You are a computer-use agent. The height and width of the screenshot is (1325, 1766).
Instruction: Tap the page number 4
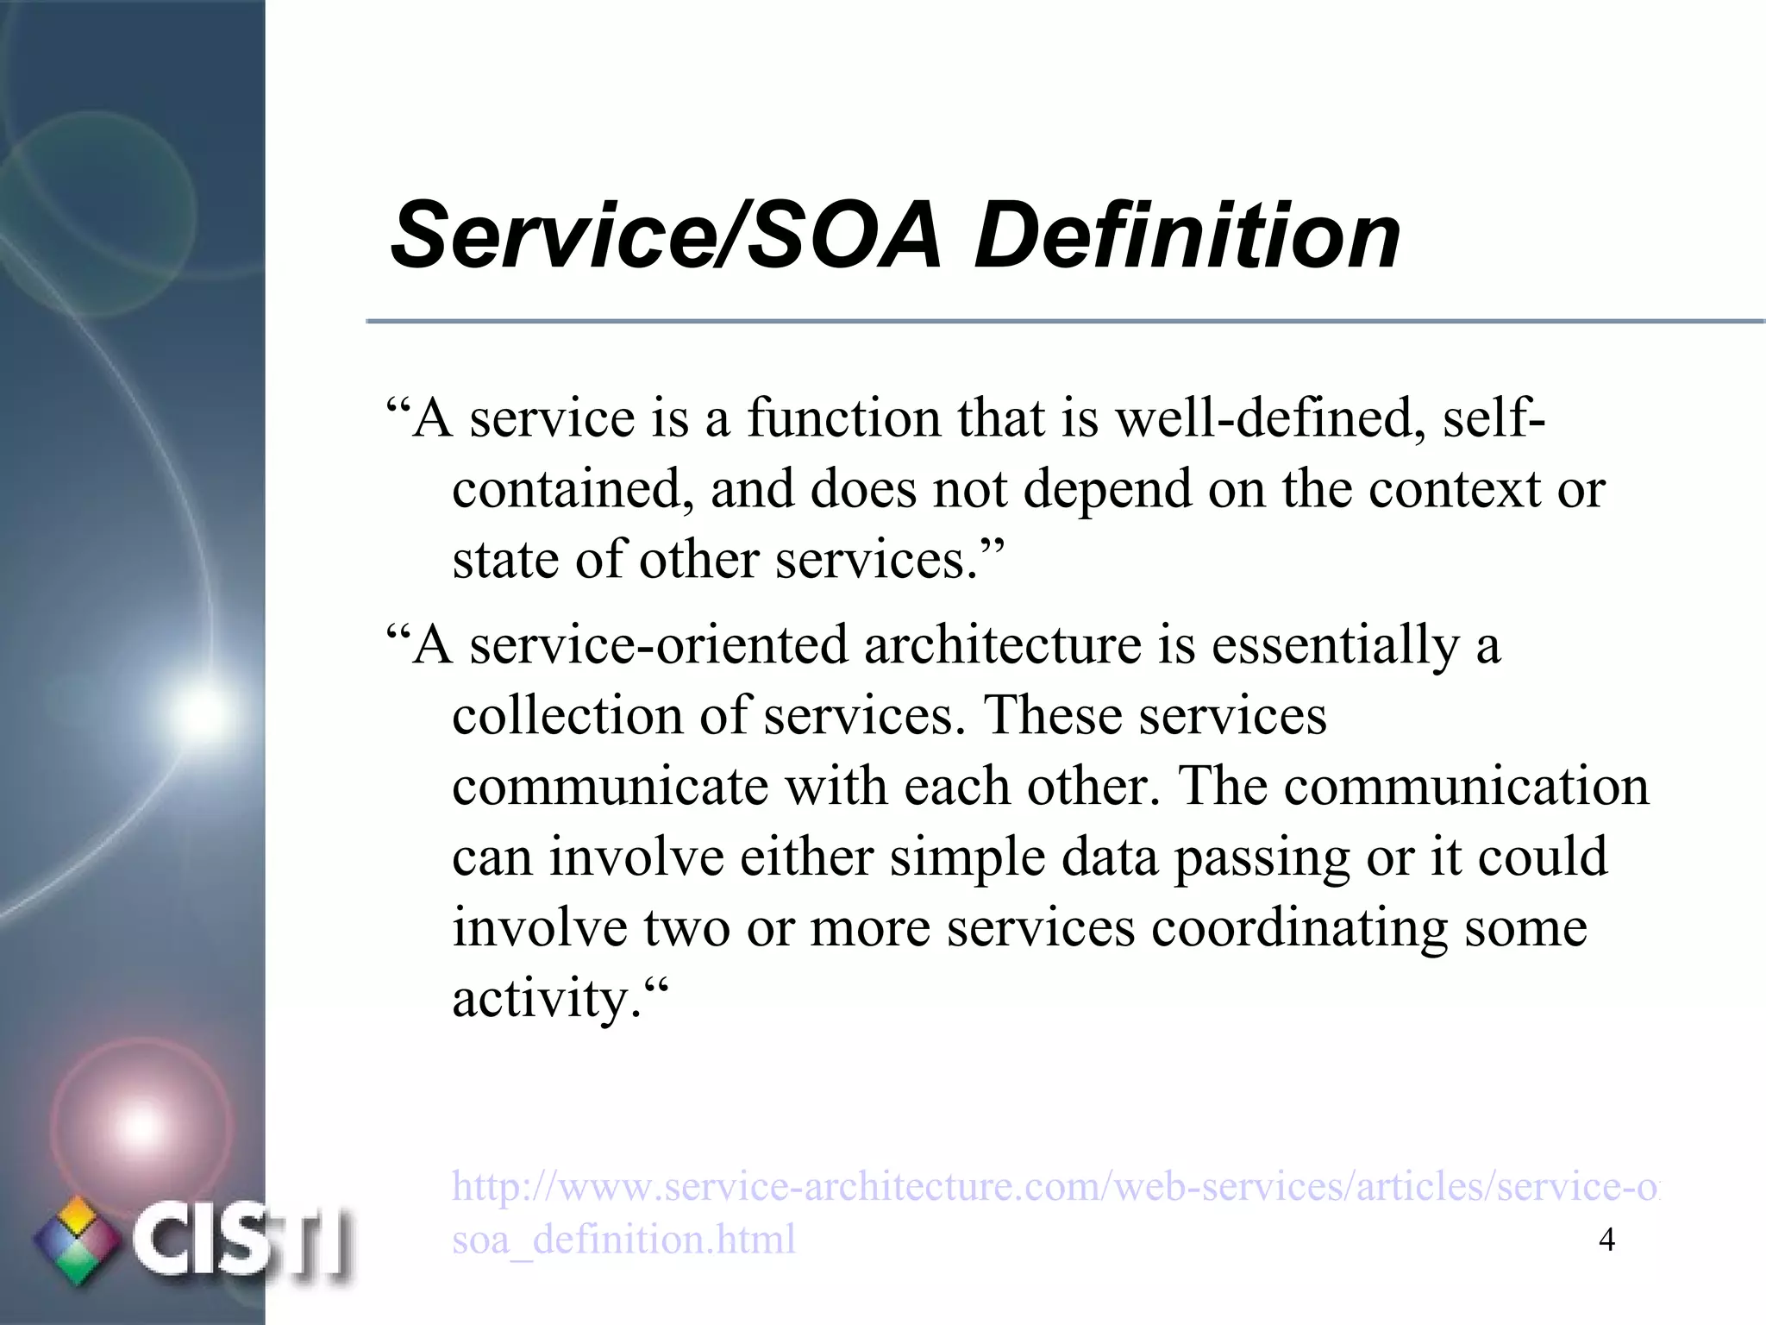pos(1606,1240)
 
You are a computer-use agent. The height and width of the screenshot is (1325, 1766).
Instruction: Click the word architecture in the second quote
pos(1003,646)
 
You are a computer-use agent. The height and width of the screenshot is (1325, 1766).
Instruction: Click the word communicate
pos(610,788)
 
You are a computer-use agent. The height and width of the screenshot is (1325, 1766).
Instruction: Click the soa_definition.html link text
pos(623,1240)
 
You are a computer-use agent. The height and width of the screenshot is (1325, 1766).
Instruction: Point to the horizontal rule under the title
pos(1065,322)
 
